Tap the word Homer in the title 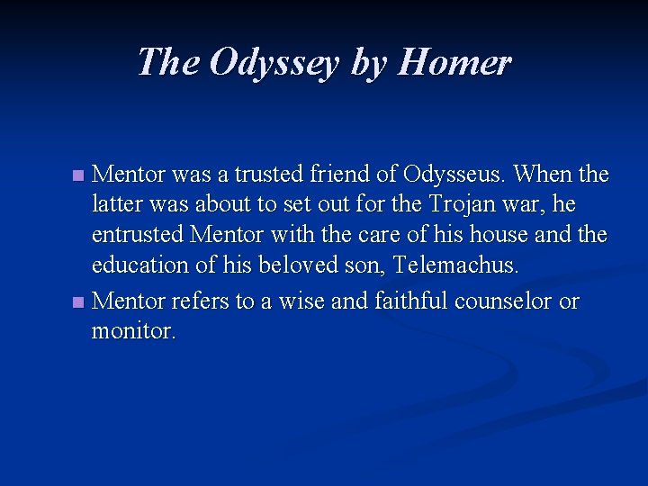[x=454, y=63]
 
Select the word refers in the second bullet [x=202, y=300]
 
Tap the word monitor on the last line [x=134, y=330]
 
